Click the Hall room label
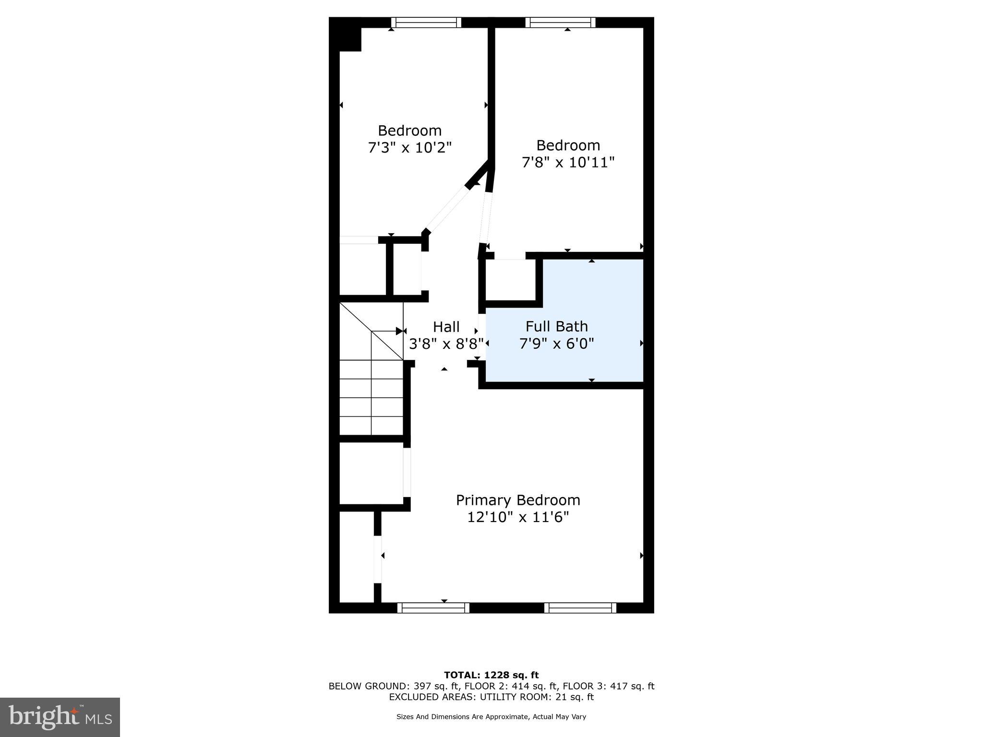click(x=446, y=327)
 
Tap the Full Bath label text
click(x=556, y=326)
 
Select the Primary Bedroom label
click(x=518, y=500)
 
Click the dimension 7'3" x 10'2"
click(x=410, y=147)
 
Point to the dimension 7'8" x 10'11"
click(x=568, y=162)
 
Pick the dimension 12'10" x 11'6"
click(x=518, y=517)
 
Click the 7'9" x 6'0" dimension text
click(x=556, y=344)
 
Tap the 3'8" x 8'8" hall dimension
click(x=446, y=344)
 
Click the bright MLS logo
click(x=60, y=717)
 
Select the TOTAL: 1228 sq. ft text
click(x=491, y=675)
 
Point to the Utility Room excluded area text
click(x=491, y=697)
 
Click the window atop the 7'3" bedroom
click(x=426, y=23)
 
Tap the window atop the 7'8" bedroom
click(x=560, y=23)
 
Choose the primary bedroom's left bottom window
click(x=433, y=608)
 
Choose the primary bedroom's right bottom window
click(x=580, y=608)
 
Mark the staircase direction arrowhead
click(x=399, y=331)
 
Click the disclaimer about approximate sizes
click(x=491, y=717)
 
